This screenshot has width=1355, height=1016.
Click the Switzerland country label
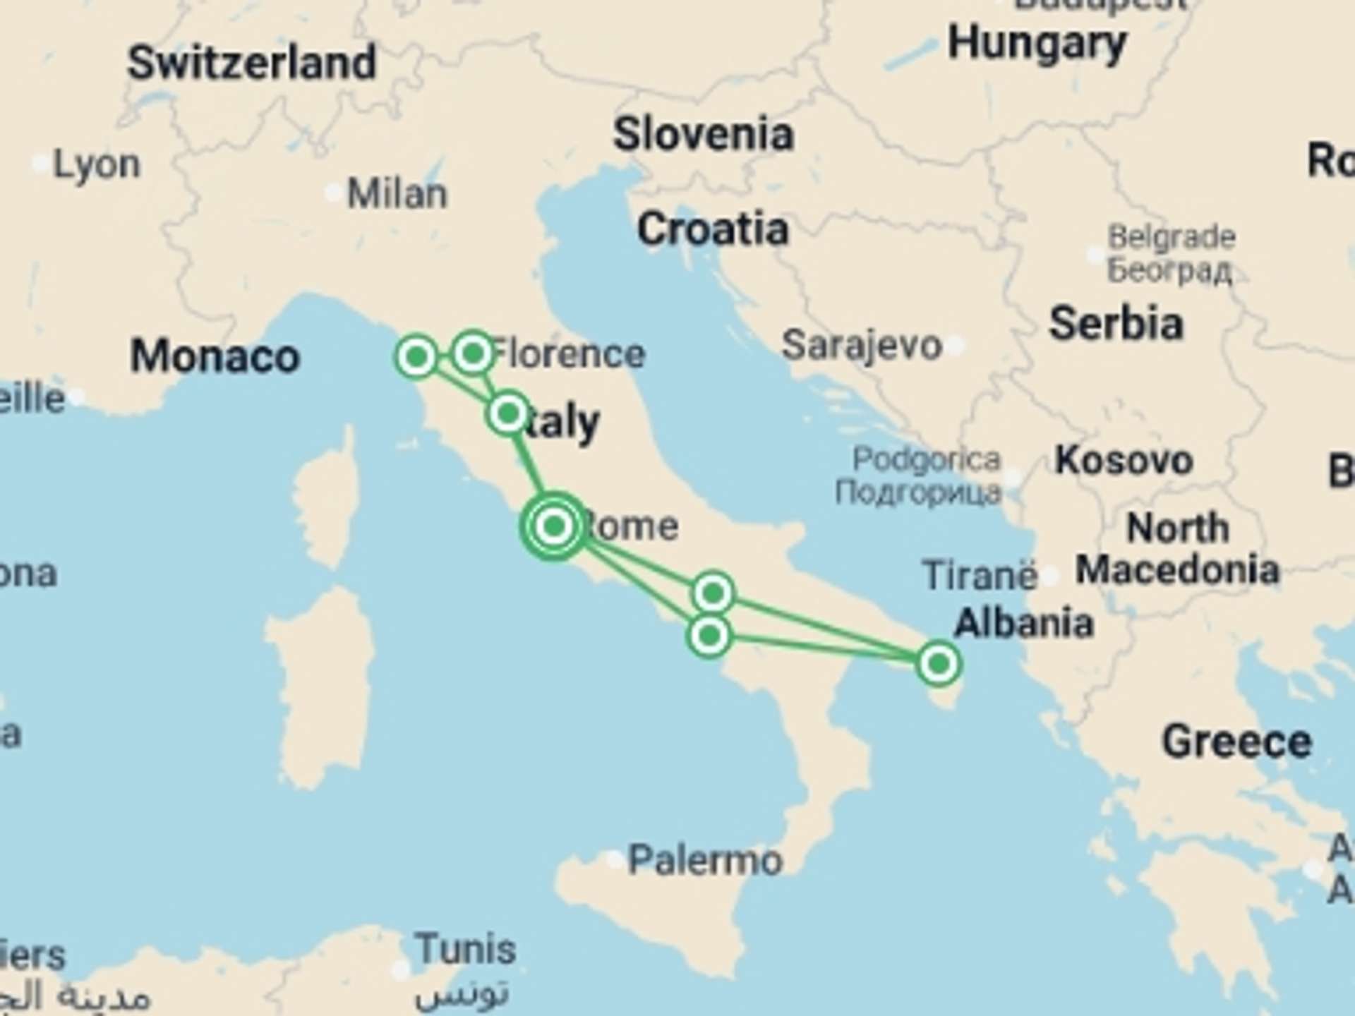tap(251, 64)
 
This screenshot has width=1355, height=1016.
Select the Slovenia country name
tap(703, 135)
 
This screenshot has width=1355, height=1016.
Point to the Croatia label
tap(713, 230)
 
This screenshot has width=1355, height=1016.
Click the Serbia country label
tap(1116, 324)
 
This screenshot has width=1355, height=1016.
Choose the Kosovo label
tap(1124, 461)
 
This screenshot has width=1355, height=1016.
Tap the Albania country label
tap(1023, 624)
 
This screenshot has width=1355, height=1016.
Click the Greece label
tap(1236, 742)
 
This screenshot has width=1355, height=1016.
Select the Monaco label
tap(215, 356)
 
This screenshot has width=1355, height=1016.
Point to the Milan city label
tap(397, 194)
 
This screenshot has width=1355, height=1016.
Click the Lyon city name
tap(97, 166)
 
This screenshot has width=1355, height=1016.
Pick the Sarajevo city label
tap(862, 346)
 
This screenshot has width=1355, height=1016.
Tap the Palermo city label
tap(705, 861)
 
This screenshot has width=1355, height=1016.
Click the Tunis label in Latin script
tap(465, 950)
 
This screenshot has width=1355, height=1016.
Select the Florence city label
tap(568, 353)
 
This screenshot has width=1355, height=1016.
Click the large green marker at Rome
tap(555, 526)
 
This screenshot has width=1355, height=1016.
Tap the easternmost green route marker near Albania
tap(939, 663)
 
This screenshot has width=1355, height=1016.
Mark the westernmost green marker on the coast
tap(416, 357)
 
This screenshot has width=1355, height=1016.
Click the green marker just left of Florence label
tap(473, 351)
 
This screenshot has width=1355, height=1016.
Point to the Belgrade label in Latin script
tap(1172, 238)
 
